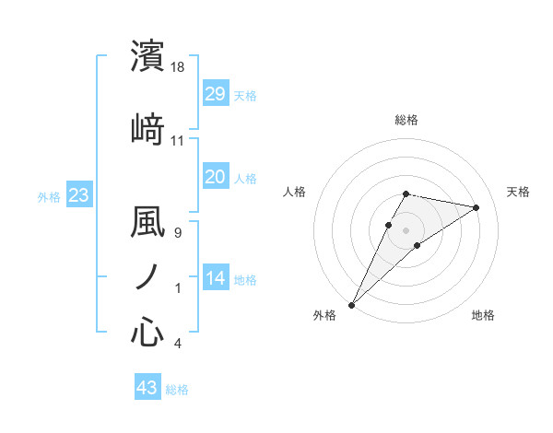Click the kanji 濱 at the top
tap(147, 56)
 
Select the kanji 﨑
tap(147, 129)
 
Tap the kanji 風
tap(147, 222)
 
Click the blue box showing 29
tap(215, 93)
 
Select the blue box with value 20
tap(215, 177)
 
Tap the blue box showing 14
tap(215, 278)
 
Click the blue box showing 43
tap(147, 388)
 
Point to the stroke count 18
tap(178, 67)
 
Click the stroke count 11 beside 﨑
tap(178, 140)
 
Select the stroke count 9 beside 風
tap(178, 232)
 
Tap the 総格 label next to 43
tap(177, 390)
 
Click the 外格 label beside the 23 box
tap(49, 196)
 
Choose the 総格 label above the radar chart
tap(406, 120)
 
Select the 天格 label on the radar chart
tap(519, 192)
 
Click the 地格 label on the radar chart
tap(483, 315)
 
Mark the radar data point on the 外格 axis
tap(351, 304)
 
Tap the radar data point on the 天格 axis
tap(477, 207)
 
